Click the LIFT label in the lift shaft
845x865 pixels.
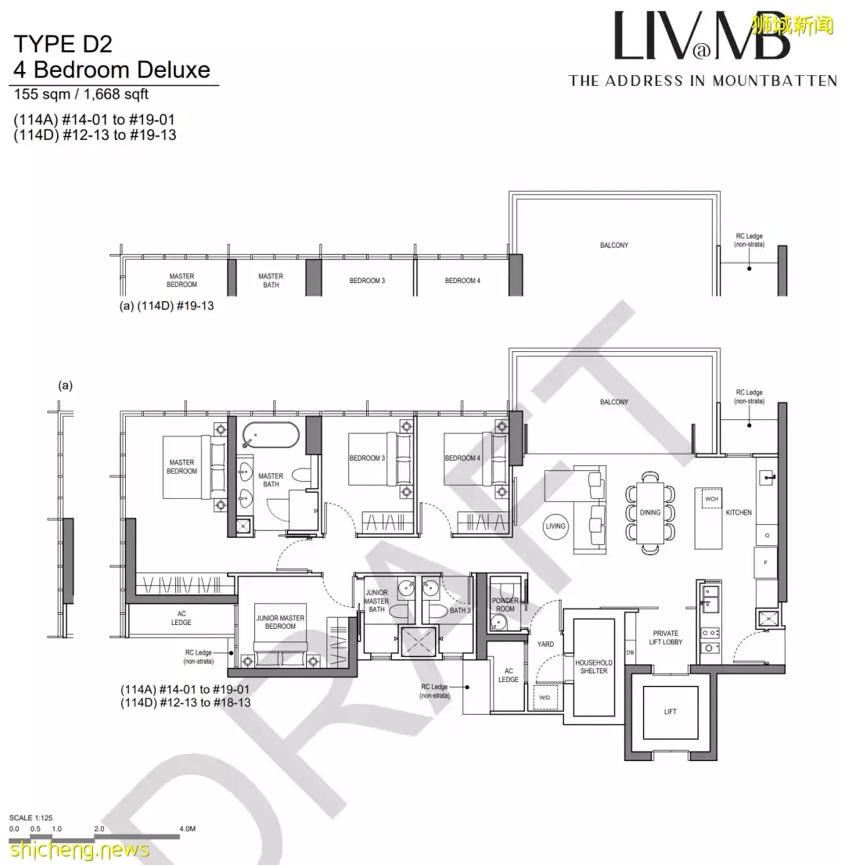point(670,712)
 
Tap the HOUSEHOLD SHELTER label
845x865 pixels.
point(594,666)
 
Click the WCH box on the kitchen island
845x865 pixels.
point(711,498)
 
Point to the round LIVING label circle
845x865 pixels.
point(555,526)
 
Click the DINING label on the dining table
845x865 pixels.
point(649,513)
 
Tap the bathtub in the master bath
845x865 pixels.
point(270,435)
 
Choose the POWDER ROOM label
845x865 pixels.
point(505,605)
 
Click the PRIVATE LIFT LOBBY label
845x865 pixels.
point(666,637)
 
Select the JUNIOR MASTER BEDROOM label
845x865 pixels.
point(280,622)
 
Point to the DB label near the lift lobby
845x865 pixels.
point(630,652)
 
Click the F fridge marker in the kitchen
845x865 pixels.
point(766,562)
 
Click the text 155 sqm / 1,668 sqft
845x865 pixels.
point(81,95)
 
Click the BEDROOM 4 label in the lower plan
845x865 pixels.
point(462,458)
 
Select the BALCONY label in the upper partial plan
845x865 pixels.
point(614,246)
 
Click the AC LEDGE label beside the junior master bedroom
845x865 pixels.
point(182,618)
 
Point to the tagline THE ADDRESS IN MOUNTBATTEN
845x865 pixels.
point(703,81)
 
